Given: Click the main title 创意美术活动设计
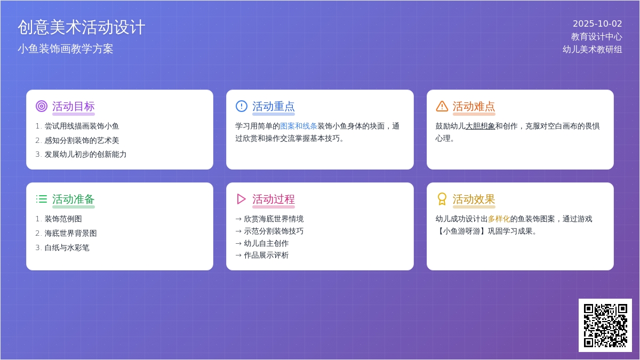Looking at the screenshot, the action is tap(82, 27).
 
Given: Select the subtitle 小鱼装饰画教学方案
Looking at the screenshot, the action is tap(66, 49).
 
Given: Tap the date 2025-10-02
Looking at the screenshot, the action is tap(597, 23).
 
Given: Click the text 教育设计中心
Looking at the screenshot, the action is tap(596, 37).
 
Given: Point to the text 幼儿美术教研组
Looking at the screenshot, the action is tap(592, 49).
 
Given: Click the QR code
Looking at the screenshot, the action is tap(605, 325).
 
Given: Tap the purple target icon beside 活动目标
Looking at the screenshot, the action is tap(42, 106).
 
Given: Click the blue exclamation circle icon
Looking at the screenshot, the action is tap(242, 106).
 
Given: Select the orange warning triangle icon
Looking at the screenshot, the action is tap(442, 106).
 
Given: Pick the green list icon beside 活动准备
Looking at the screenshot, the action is tap(42, 199).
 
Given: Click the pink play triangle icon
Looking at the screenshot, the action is tap(242, 199).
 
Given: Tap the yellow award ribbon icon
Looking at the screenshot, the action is tap(442, 199).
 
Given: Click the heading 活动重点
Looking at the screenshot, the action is tap(274, 106).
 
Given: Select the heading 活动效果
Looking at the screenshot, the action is tap(474, 199).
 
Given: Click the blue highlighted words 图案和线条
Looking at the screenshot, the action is tap(299, 126).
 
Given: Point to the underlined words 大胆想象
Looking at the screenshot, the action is tap(481, 126).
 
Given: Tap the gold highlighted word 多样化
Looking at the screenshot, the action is tap(499, 219).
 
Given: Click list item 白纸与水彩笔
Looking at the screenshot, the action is tap(67, 247).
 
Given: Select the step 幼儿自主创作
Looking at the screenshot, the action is tap(266, 243).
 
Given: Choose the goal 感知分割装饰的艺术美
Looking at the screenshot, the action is tap(82, 141).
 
